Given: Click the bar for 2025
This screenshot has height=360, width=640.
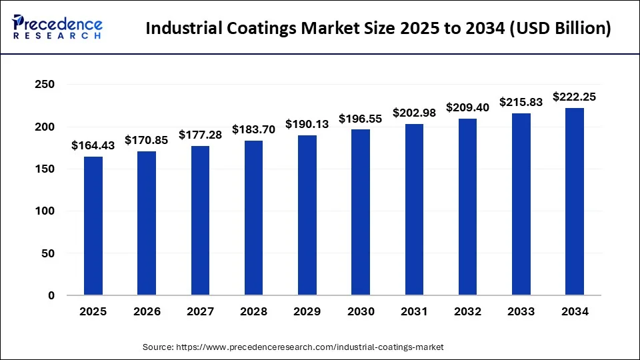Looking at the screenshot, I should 93,226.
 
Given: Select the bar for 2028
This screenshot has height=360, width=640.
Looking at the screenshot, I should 253,218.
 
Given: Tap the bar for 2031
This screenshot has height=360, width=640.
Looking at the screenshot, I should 414,209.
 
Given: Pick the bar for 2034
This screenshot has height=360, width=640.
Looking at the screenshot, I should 575,201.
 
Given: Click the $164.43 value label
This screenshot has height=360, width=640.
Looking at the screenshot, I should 93,146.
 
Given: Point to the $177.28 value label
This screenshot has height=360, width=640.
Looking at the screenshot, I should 200,135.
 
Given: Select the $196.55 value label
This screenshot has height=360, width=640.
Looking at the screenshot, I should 361,119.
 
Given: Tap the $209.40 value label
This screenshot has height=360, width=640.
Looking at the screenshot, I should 468,107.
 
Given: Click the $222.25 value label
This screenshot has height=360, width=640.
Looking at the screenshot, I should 575,97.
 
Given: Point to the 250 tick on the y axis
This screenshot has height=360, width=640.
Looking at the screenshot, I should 45,85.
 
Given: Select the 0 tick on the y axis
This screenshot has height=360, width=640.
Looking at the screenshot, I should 51,295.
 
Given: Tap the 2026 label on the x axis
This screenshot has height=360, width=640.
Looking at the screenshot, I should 147,312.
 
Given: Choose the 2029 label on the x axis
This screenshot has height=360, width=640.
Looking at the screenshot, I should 307,312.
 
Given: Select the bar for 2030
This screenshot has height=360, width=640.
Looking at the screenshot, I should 361,212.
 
